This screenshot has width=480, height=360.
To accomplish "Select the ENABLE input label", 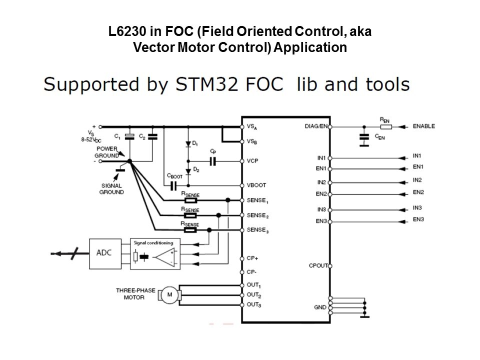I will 423,126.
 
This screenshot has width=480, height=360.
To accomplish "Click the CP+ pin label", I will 251,258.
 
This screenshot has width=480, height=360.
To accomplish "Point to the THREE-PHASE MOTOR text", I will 130,293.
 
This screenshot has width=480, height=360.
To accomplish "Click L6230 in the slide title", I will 126,32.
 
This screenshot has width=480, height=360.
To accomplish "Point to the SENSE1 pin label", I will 257,200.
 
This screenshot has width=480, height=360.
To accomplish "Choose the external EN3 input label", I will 418,219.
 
